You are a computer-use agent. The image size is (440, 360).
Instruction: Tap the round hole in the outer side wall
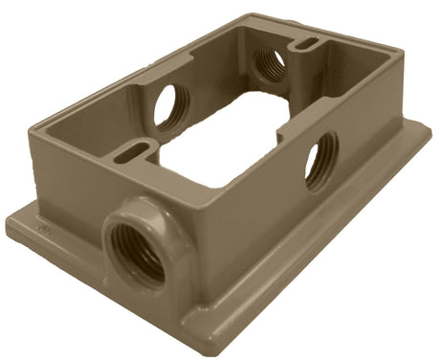point(321,159)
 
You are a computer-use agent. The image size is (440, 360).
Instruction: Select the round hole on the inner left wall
point(171,106)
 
